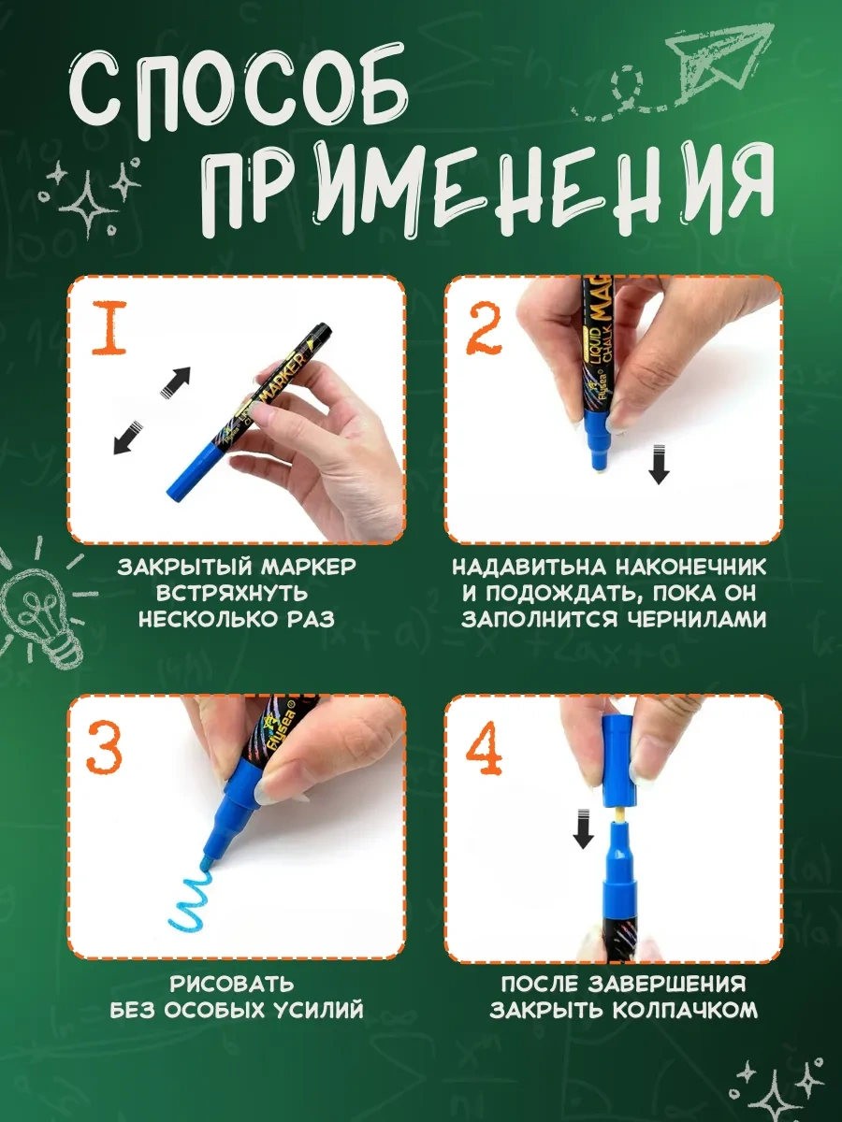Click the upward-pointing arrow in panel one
[175, 381]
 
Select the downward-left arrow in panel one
[127, 438]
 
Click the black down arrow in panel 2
[659, 464]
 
